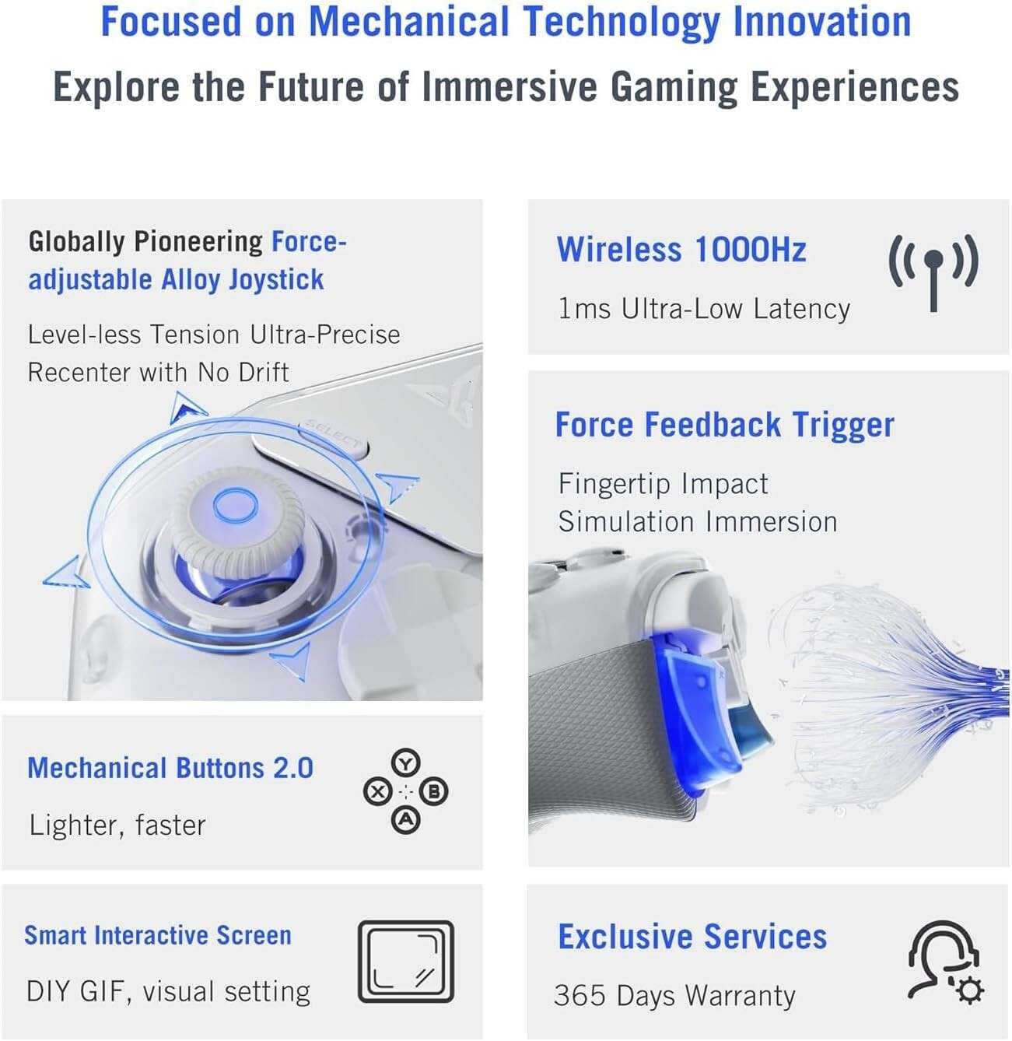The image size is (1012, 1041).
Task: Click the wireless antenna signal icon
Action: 933,272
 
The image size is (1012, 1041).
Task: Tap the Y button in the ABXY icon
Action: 405,763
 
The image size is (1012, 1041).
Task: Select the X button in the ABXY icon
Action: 378,792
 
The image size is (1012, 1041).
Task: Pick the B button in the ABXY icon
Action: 434,792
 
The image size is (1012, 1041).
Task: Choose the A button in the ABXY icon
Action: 405,819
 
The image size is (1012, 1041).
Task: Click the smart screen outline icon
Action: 405,962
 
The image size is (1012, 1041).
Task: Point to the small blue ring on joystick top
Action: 235,506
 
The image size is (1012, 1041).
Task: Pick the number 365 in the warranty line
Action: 580,996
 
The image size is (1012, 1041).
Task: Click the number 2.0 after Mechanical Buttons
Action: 293,768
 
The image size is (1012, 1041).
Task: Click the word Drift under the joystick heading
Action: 264,373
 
